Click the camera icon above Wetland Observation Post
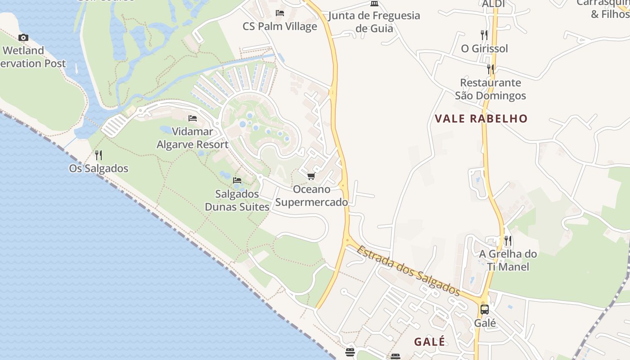(x=23, y=38)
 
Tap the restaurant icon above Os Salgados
(x=98, y=155)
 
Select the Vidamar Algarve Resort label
(x=192, y=138)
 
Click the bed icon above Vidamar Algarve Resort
(x=193, y=118)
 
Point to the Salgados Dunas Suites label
(x=237, y=200)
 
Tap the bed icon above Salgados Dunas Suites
(x=237, y=180)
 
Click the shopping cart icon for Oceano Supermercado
(x=311, y=176)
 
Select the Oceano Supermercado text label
(x=311, y=196)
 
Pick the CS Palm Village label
(x=280, y=27)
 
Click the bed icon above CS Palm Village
(x=280, y=13)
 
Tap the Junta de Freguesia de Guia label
(x=374, y=22)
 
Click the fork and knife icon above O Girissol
(x=484, y=35)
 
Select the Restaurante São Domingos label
(x=490, y=89)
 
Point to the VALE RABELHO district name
(x=481, y=119)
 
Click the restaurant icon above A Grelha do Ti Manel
(x=508, y=240)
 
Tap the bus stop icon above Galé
(x=485, y=310)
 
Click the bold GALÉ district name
(x=430, y=342)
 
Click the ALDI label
(x=493, y=4)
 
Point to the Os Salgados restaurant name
(x=99, y=169)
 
